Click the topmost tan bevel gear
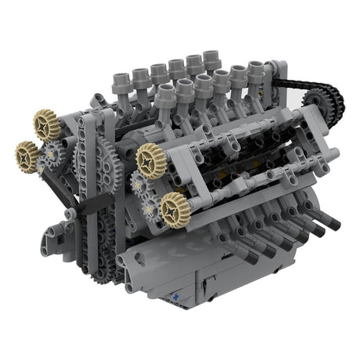[x=47, y=122]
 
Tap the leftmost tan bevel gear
[x=28, y=156]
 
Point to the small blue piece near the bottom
[x=178, y=297]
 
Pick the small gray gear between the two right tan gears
[x=144, y=188]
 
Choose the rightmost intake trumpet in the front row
[x=257, y=74]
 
